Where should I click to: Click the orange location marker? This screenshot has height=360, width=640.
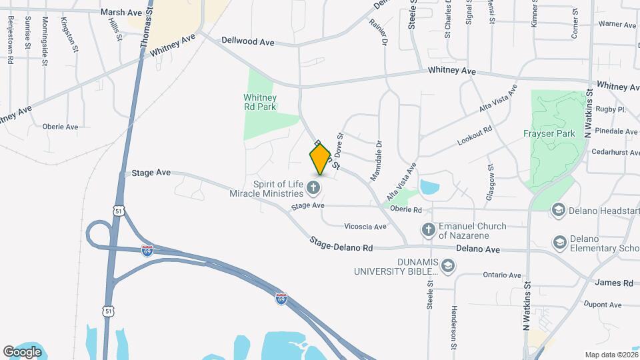pyautogui.click(x=321, y=158)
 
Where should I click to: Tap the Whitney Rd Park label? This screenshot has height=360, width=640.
pyautogui.click(x=259, y=101)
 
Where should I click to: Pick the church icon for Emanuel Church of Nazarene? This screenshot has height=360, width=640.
pyautogui.click(x=429, y=230)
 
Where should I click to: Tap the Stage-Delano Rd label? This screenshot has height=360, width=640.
pyautogui.click(x=340, y=245)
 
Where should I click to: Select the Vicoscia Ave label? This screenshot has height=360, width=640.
pyautogui.click(x=365, y=227)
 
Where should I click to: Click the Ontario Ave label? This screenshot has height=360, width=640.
pyautogui.click(x=501, y=275)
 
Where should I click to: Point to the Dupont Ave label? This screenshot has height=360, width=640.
pyautogui.click(x=602, y=305)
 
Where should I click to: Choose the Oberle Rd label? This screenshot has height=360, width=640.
pyautogui.click(x=406, y=210)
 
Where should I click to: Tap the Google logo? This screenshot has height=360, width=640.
pyautogui.click(x=22, y=351)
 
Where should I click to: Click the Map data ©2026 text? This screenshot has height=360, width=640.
pyautogui.click(x=611, y=355)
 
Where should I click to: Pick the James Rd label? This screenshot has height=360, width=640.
pyautogui.click(x=608, y=283)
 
